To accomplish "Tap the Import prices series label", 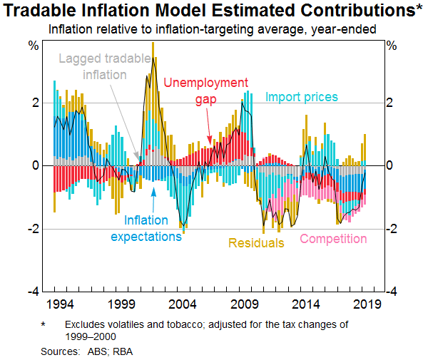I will point(302,97).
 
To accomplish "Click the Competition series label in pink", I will point(333,239).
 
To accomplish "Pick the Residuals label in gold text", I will point(257,243).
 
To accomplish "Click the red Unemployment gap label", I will point(206,91).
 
